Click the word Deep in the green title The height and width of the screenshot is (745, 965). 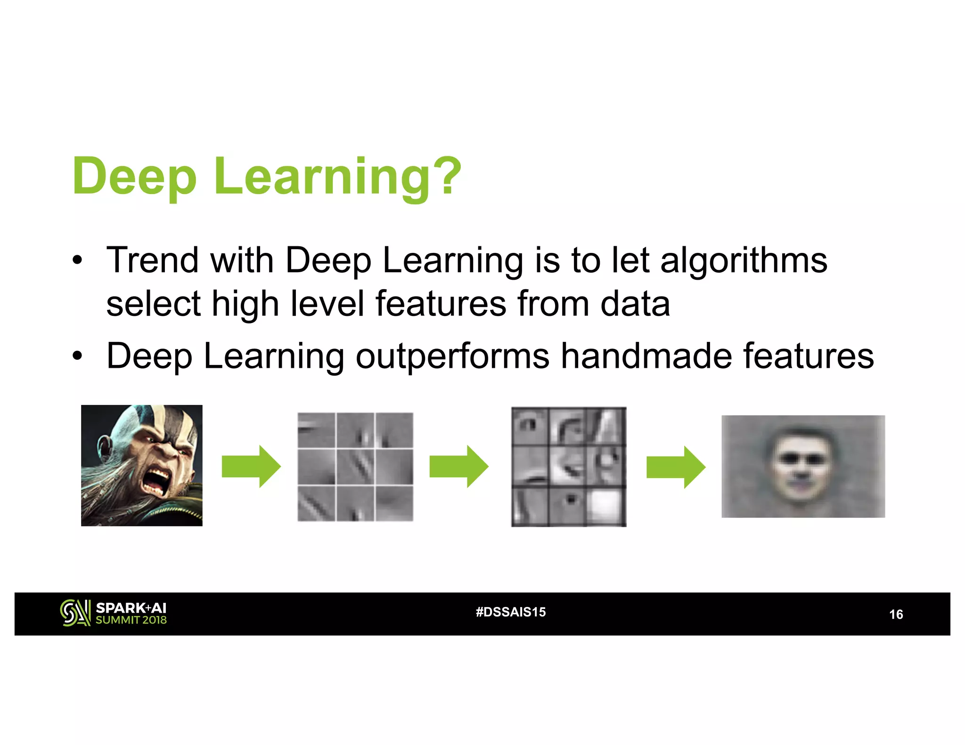pyautogui.click(x=134, y=177)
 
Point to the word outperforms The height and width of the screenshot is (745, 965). pyautogui.click(x=452, y=356)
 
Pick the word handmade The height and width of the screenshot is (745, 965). pyautogui.click(x=646, y=356)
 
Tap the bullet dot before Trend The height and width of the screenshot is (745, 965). pyautogui.click(x=77, y=260)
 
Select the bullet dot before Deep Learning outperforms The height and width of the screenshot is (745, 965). pyautogui.click(x=77, y=356)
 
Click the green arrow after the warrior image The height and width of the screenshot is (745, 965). pyautogui.click(x=251, y=466)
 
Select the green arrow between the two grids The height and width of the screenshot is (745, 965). pyautogui.click(x=458, y=466)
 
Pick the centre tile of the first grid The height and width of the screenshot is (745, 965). pyautogui.click(x=355, y=466)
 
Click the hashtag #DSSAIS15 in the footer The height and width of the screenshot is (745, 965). pyautogui.click(x=511, y=612)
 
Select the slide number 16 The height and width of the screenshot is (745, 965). pyautogui.click(x=896, y=615)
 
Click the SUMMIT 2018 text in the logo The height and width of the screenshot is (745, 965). pyautogui.click(x=131, y=620)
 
